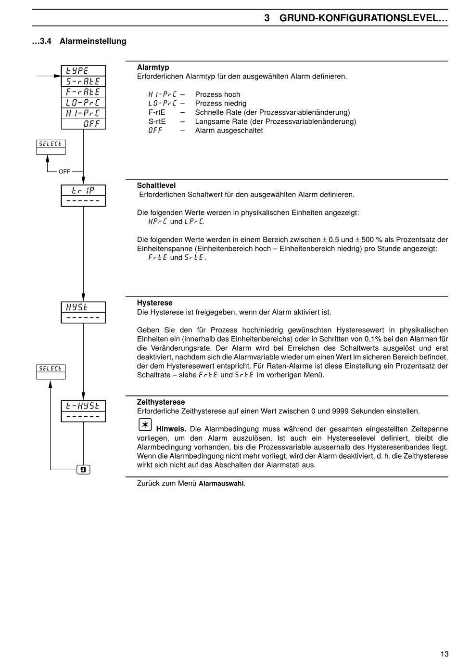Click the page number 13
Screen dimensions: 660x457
(x=444, y=654)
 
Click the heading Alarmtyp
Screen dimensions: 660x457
(x=153, y=67)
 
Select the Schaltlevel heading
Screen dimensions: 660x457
(x=156, y=185)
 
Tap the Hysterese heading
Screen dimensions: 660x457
(x=154, y=303)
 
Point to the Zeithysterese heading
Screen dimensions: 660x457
(x=161, y=402)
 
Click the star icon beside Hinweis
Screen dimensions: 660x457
(x=145, y=425)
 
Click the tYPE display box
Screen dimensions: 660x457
(x=83, y=71)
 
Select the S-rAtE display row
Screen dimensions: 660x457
(x=83, y=81)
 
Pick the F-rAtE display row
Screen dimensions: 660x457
(x=83, y=92)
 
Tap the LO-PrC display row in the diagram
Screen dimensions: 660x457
(x=83, y=103)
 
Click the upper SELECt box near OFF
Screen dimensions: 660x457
(x=51, y=147)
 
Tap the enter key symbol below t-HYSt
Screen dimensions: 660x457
(x=83, y=470)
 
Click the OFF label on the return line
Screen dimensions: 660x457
(x=64, y=172)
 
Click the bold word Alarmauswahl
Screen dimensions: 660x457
(x=221, y=484)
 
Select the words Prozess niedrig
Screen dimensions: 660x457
(x=220, y=104)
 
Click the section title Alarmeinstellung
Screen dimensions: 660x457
(x=93, y=41)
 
